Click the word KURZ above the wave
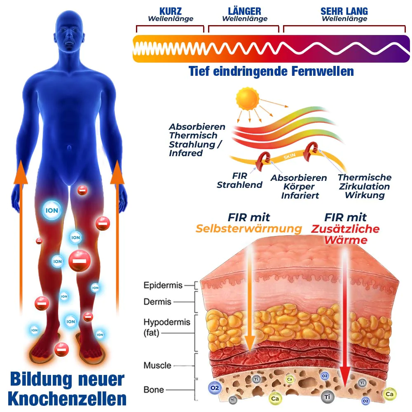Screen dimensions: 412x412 (171, 11)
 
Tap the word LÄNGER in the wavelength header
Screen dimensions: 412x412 (245, 11)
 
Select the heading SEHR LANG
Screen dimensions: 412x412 (344, 11)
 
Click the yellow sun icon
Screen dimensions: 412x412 (247, 100)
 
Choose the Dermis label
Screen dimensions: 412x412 (157, 302)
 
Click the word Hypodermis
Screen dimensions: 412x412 (167, 322)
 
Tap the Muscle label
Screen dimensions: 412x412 (157, 365)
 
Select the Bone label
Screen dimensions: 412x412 (154, 389)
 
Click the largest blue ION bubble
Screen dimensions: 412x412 (52, 211)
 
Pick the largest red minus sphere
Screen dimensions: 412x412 (80, 261)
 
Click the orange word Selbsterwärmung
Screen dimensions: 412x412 (248, 229)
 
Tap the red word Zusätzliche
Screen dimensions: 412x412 (345, 229)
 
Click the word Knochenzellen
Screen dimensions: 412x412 (67, 398)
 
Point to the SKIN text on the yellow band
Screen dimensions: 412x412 (290, 157)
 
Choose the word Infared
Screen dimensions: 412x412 (186, 153)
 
